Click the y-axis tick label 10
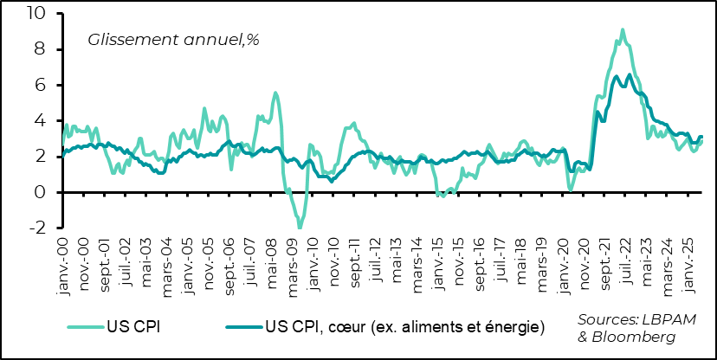[x=37, y=14]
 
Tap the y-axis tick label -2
[x=38, y=228]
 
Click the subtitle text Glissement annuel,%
[x=173, y=39]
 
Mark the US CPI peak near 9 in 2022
[x=623, y=29]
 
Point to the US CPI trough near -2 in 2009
[x=300, y=228]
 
